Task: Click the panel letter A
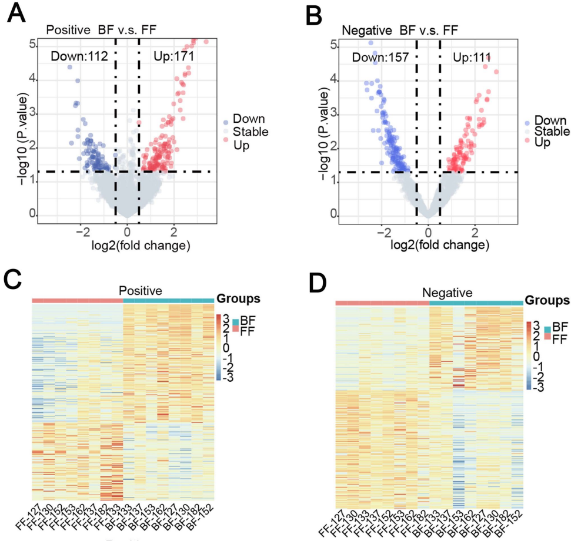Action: coord(16,13)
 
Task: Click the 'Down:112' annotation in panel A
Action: coord(78,56)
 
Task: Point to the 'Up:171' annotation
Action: coord(174,56)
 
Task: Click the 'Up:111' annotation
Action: coord(472,57)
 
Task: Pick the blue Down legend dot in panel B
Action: coord(529,123)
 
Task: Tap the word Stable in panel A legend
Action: coord(251,132)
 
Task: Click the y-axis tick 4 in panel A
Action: coord(36,79)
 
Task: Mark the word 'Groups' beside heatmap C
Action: coord(239,299)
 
